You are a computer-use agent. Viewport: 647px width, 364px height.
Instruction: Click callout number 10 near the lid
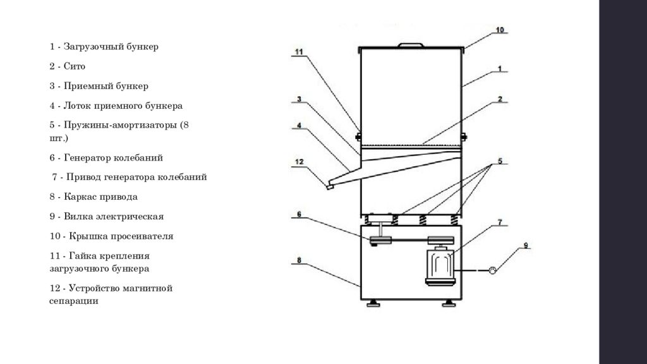pos(500,30)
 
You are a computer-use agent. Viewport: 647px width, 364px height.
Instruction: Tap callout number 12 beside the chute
pos(299,162)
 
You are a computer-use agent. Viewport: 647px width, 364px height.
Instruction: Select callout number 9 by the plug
pos(526,246)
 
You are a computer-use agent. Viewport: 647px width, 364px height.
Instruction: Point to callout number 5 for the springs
pos(500,161)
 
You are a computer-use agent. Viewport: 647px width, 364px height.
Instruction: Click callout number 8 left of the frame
pos(299,260)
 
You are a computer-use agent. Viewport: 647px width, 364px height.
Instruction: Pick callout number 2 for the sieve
pos(500,99)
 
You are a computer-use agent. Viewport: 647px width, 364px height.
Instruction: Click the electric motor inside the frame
pos(440,267)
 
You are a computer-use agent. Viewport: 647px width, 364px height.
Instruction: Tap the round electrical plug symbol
pos(492,270)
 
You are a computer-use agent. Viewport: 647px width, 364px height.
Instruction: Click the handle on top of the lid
pos(411,45)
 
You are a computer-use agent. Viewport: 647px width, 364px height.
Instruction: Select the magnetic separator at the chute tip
pos(330,187)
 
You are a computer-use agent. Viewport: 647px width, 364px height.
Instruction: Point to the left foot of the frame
pos(373,304)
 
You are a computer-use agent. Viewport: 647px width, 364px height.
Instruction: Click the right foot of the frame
pos(449,304)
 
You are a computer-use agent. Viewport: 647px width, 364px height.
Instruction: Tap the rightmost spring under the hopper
pos(454,220)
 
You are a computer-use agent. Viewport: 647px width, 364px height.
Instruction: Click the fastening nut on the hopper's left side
pos(358,136)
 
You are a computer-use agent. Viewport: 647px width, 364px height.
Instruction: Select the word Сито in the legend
pos(75,66)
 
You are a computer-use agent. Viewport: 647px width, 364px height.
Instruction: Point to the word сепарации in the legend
pos(74,301)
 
